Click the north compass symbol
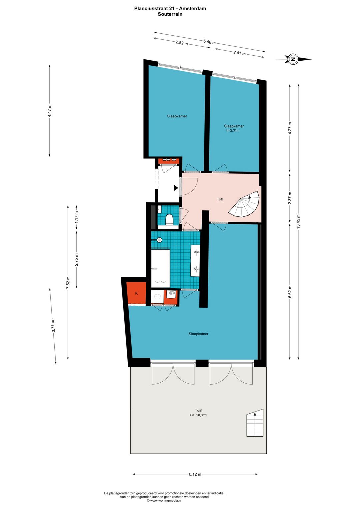tap(293, 60)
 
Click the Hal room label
tap(220, 199)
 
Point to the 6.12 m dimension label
tap(195, 474)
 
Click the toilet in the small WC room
tap(169, 219)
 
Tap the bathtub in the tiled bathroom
tap(160, 268)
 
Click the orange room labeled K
tap(136, 293)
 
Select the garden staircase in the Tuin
tap(255, 423)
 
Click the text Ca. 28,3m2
tap(199, 415)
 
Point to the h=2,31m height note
tap(233, 131)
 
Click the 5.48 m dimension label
tap(209, 42)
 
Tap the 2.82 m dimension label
tap(182, 43)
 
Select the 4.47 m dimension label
tap(49, 110)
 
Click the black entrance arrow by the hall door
tap(176, 188)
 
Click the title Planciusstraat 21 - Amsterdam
tap(170, 9)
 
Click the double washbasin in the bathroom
tap(195, 261)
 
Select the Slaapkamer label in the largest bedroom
tap(198, 334)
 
